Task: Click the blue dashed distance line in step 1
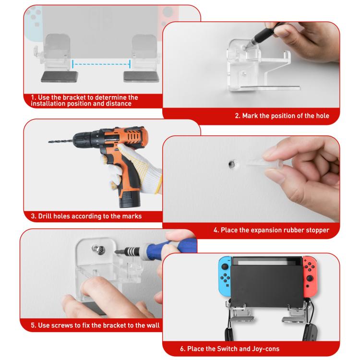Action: point(101,62)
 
